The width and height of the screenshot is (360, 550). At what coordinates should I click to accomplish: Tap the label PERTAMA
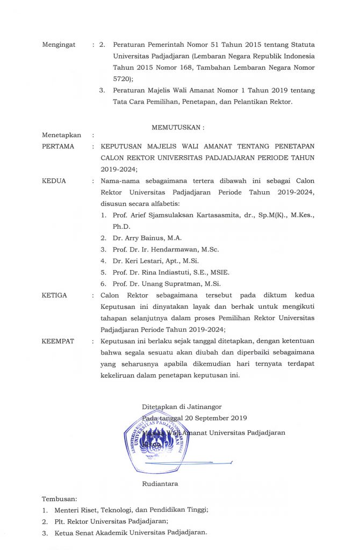pyautogui.click(x=58, y=146)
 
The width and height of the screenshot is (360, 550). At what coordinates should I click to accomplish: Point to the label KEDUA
pyautogui.click(x=54, y=181)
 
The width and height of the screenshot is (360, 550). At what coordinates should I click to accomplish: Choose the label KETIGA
pyautogui.click(x=55, y=295)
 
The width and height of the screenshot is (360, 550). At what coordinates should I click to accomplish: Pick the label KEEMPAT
pyautogui.click(x=59, y=341)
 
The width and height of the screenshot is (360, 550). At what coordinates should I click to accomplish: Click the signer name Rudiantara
pyautogui.click(x=160, y=483)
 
